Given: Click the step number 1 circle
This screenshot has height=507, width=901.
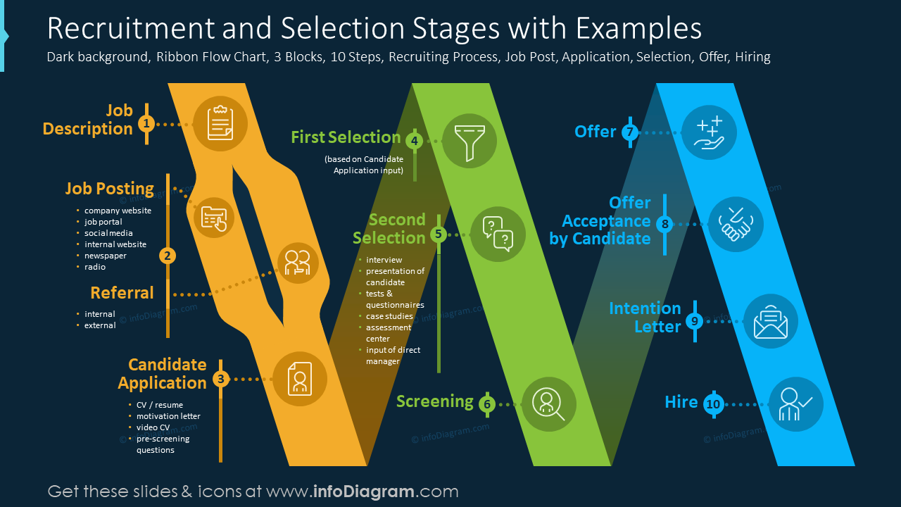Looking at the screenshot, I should coord(146,124).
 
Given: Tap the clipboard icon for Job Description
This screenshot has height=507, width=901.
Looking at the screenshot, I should coord(220,124).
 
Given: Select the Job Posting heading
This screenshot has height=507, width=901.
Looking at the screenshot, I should coord(110,189).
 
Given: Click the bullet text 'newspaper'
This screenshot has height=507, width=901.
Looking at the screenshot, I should coord(105,256).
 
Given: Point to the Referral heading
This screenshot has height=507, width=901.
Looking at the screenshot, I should coord(122,293).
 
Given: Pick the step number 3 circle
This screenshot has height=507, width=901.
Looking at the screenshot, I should coord(221,380).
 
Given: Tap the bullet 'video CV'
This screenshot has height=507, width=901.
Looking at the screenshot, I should coord(153,427).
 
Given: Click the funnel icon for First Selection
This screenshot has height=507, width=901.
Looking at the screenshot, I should coord(469,140).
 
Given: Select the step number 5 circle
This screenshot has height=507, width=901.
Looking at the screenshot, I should coord(439,234).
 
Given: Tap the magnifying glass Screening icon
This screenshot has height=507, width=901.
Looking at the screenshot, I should coord(548,404).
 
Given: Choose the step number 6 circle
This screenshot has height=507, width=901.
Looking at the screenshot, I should coord(486,404).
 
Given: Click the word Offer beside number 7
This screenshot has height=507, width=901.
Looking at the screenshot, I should coord(596,132).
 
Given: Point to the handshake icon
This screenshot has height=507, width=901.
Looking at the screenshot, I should coord(736,224).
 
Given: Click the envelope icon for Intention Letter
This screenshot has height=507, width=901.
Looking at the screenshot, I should coord(770,321).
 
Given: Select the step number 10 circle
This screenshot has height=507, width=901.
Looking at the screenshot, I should coord(713,404).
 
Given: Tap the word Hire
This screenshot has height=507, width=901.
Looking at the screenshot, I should coord(681,402).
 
